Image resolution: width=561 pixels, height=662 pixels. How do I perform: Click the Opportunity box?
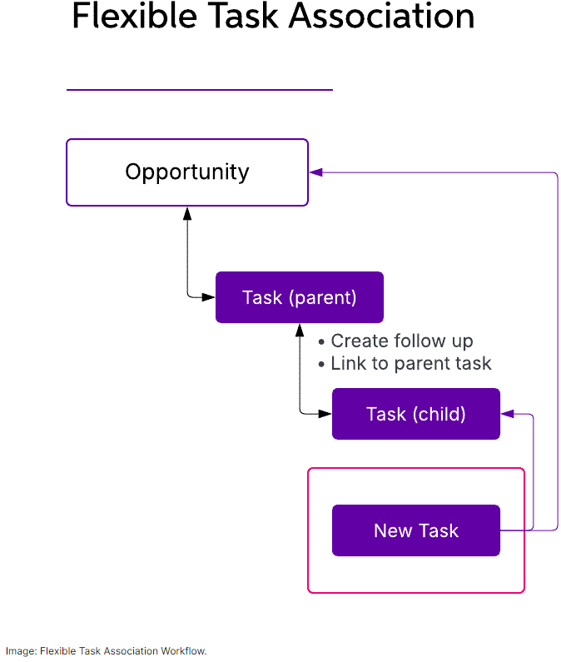click(x=187, y=172)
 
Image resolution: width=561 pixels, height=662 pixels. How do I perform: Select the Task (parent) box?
click(x=300, y=297)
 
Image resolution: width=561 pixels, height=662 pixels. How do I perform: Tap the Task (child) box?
click(x=416, y=414)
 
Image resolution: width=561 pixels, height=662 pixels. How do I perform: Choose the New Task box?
click(x=416, y=530)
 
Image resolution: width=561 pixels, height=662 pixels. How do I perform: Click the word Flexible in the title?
click(x=135, y=16)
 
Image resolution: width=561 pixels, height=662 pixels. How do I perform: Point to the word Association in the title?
click(x=382, y=16)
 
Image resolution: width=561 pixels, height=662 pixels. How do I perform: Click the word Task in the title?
click(x=244, y=16)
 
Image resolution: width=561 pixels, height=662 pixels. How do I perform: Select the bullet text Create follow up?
click(x=401, y=341)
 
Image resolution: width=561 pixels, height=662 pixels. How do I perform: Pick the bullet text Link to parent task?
click(x=410, y=364)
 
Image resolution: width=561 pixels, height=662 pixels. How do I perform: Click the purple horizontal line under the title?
click(x=200, y=89)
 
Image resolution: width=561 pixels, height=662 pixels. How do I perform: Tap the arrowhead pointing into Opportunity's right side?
click(x=315, y=172)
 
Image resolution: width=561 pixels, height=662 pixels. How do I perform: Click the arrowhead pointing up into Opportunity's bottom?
click(x=187, y=213)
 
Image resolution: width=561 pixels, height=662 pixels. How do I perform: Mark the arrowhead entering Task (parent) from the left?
click(x=209, y=297)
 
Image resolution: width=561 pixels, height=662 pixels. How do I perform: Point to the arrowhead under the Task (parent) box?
click(x=300, y=330)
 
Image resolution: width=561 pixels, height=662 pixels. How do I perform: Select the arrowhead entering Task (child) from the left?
click(x=325, y=414)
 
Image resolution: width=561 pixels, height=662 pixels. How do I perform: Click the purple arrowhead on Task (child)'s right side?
click(x=508, y=414)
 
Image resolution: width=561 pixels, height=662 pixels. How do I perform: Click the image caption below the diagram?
click(x=106, y=651)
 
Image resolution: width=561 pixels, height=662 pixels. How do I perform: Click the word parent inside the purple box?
click(x=322, y=298)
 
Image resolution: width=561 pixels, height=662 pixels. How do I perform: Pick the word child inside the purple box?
click(x=439, y=414)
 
